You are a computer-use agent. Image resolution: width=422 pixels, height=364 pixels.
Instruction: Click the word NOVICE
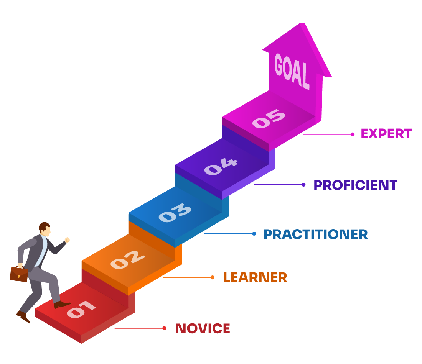pyautogui.click(x=203, y=328)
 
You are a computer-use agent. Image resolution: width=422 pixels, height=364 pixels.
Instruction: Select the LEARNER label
pyautogui.click(x=255, y=277)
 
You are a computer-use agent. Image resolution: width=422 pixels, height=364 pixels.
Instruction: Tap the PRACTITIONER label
pyautogui.click(x=315, y=234)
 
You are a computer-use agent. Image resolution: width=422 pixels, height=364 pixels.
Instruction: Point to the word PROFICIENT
pyautogui.click(x=355, y=185)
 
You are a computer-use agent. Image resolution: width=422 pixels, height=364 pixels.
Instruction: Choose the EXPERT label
pyautogui.click(x=386, y=134)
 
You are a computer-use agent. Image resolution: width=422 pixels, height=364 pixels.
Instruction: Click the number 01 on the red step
pyautogui.click(x=81, y=310)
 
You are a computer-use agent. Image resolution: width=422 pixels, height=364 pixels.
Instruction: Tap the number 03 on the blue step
pyautogui.click(x=175, y=213)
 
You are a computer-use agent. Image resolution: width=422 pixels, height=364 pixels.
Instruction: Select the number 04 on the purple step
pyautogui.click(x=221, y=167)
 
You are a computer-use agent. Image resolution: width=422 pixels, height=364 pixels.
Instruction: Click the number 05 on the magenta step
pyautogui.click(x=269, y=119)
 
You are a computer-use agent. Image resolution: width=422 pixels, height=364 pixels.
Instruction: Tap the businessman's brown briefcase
pyautogui.click(x=19, y=274)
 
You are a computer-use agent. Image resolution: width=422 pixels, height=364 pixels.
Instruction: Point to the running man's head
pyautogui.click(x=45, y=229)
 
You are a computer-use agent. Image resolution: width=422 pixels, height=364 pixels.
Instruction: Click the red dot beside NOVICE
pyautogui.click(x=164, y=328)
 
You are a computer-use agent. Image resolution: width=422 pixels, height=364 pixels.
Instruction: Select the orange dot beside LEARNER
pyautogui.click(x=213, y=277)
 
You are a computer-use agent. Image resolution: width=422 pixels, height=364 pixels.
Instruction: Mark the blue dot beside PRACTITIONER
pyautogui.click(x=254, y=234)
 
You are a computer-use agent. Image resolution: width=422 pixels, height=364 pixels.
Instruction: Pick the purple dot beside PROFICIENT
pyautogui.click(x=303, y=185)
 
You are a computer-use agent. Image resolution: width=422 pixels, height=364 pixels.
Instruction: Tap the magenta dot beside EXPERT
pyautogui.click(x=353, y=134)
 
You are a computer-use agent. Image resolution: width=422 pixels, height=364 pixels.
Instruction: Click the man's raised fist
pyautogui.click(x=67, y=240)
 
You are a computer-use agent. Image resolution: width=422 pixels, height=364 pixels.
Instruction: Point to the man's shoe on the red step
pyautogui.click(x=61, y=305)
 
